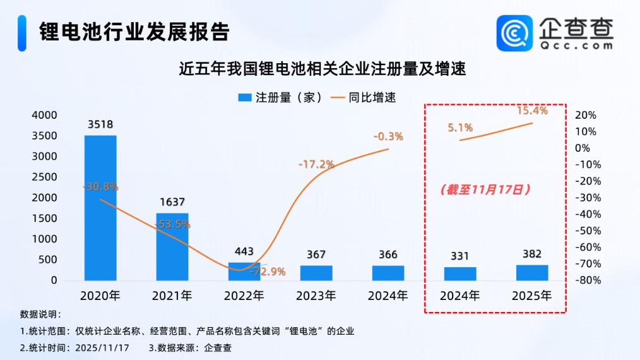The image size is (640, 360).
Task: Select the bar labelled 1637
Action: click(x=172, y=246)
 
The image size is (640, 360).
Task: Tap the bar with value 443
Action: click(x=244, y=271)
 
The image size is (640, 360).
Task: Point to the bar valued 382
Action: click(x=532, y=272)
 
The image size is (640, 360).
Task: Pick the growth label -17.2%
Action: click(x=316, y=164)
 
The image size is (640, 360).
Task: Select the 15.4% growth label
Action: click(x=532, y=111)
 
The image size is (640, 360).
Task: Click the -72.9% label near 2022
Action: click(x=267, y=272)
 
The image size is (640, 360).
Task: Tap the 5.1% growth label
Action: click(x=460, y=127)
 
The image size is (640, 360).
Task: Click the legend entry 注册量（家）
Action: click(x=280, y=97)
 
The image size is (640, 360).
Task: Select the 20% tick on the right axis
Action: click(x=586, y=115)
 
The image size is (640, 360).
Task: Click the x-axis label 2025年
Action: click(x=532, y=295)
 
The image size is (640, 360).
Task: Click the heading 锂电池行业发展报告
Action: click(x=134, y=31)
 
